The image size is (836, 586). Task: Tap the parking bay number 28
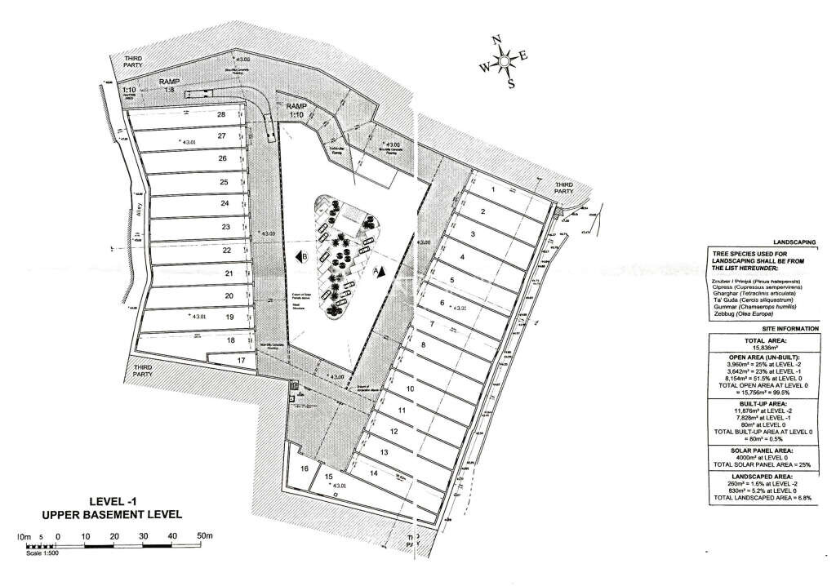(220, 115)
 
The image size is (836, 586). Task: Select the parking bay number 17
(241, 360)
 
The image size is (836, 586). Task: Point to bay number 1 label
(493, 189)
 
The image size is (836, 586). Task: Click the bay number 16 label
(305, 468)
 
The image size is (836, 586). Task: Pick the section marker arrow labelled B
(301, 257)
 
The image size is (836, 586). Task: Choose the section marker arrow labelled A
(378, 270)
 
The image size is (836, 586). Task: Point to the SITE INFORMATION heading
(765, 328)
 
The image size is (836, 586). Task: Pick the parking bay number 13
(384, 451)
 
